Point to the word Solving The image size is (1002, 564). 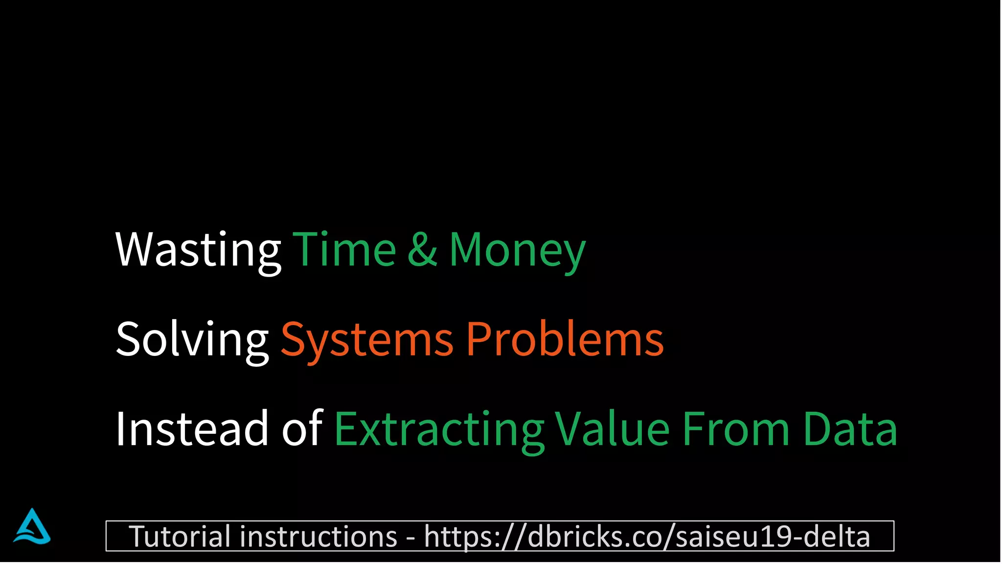(192, 339)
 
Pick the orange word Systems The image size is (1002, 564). (367, 339)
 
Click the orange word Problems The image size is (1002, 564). (565, 339)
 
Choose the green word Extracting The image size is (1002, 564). (439, 428)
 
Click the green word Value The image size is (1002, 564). (612, 428)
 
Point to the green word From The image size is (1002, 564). (736, 428)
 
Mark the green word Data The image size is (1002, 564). (850, 428)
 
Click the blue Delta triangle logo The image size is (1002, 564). (32, 527)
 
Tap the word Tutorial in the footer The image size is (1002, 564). (179, 536)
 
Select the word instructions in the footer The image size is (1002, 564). (318, 536)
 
